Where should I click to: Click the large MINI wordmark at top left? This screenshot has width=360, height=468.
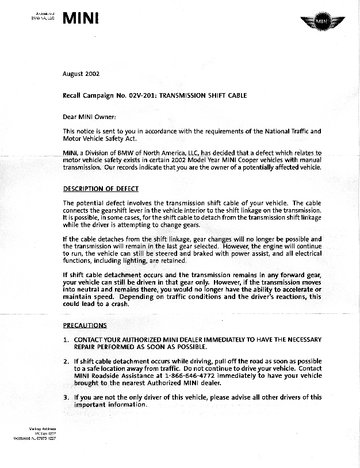(x=81, y=18)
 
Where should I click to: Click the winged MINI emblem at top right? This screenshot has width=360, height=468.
(x=322, y=22)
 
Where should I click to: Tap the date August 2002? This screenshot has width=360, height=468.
(x=81, y=74)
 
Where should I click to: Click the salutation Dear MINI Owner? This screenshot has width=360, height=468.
(x=89, y=117)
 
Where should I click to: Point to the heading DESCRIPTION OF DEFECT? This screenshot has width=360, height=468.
(x=101, y=189)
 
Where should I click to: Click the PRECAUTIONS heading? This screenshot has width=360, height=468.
(x=85, y=325)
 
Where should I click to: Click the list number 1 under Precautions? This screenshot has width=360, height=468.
(x=66, y=340)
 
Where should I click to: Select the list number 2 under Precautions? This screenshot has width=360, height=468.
(x=66, y=361)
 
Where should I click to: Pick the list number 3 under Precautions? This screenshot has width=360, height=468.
(x=66, y=397)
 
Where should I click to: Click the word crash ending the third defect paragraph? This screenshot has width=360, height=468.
(x=119, y=305)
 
